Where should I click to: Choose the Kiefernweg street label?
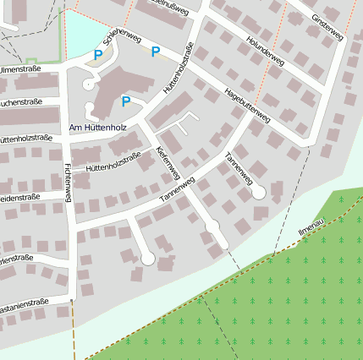[x=168, y=161]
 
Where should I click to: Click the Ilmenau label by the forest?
[x=311, y=226]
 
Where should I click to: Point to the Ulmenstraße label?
[x=20, y=69]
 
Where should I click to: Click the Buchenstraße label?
[x=20, y=102]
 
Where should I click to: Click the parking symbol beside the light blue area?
[x=98, y=55]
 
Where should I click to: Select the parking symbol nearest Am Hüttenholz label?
[x=126, y=102]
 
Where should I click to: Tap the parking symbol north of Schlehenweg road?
[x=155, y=52]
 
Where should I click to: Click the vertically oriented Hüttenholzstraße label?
[x=173, y=69]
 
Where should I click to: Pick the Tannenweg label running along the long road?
[x=176, y=192]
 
